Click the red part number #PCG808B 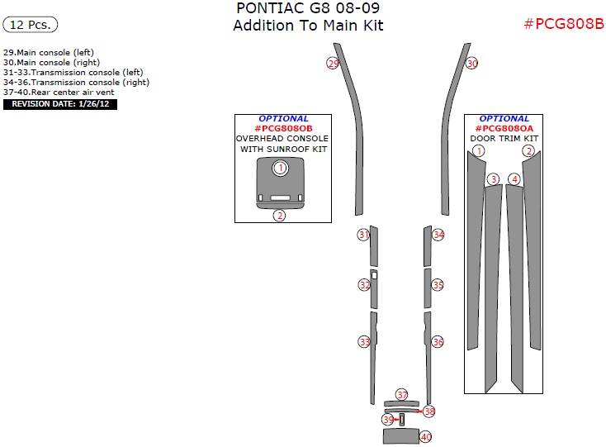(x=565, y=24)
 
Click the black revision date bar (x=60, y=104)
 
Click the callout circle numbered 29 (x=333, y=64)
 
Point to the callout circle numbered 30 (x=471, y=64)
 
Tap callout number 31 (x=363, y=235)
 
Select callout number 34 (x=438, y=235)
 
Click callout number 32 (x=364, y=285)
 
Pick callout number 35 (x=438, y=285)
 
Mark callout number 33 (x=364, y=342)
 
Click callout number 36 (x=438, y=342)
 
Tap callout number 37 (x=402, y=394)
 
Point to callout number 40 (x=426, y=437)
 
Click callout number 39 (x=388, y=420)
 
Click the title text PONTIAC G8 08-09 (x=308, y=8)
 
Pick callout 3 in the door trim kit (x=493, y=179)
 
